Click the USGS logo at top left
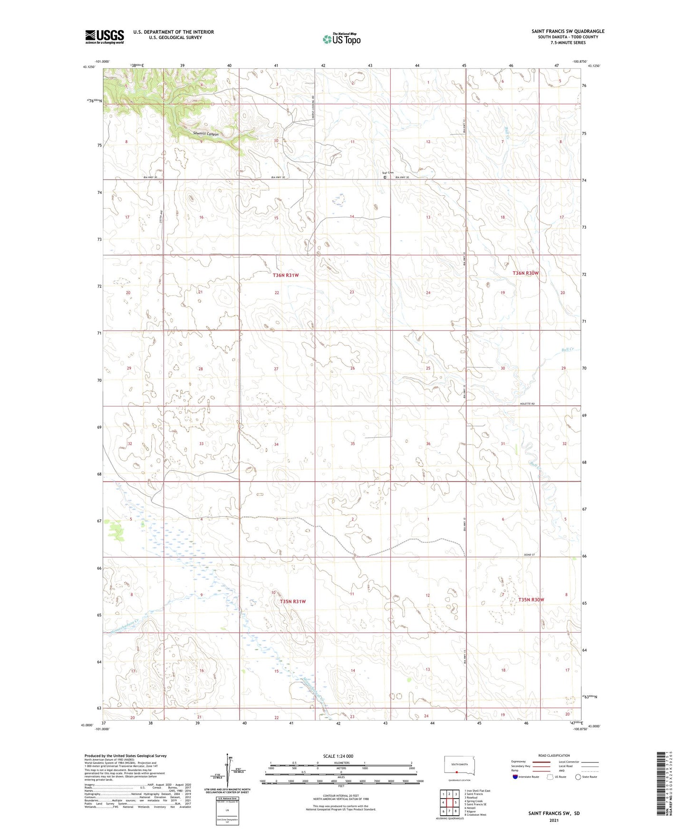point(104,37)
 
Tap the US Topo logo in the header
point(341,39)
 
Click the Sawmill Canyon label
point(206,134)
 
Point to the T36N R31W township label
point(286,275)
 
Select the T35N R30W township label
point(531,599)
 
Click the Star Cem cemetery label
point(387,173)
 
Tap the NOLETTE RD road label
point(526,404)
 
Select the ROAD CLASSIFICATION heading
point(554,755)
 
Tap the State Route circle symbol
point(578,777)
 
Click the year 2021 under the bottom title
point(553,820)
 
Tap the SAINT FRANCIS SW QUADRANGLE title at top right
point(568,31)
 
